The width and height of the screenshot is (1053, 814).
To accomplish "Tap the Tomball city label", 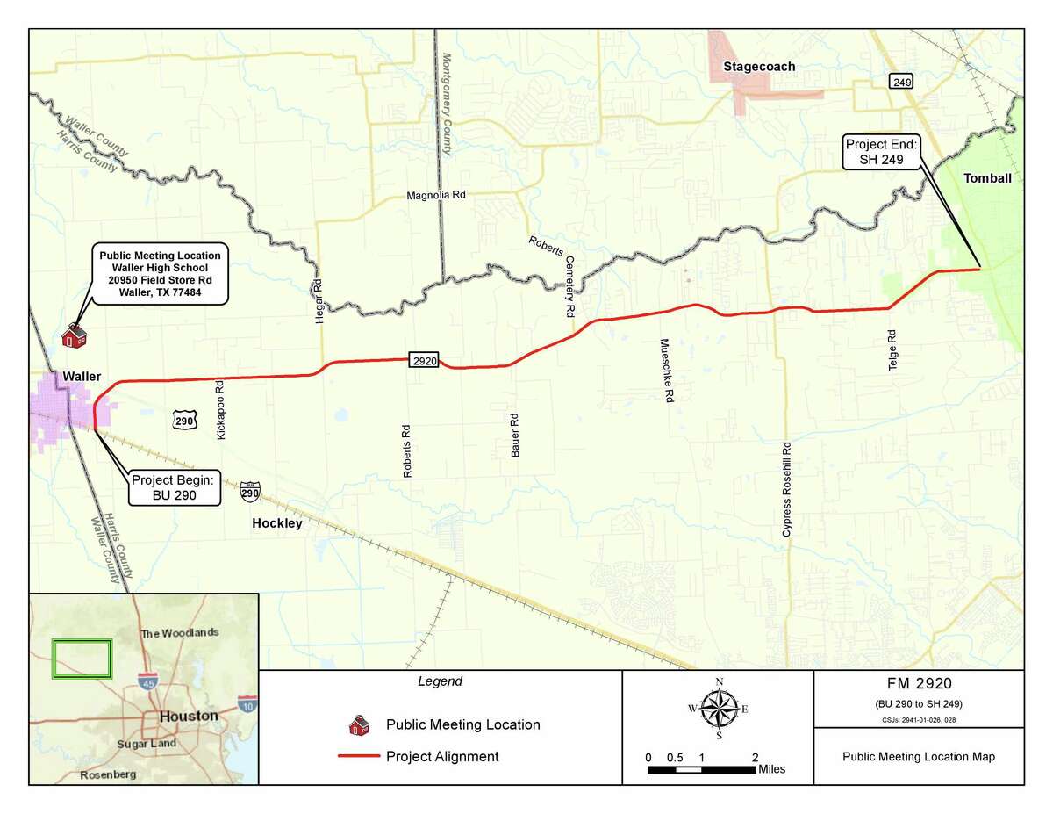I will click(987, 178).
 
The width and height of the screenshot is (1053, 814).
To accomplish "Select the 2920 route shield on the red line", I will click(424, 359).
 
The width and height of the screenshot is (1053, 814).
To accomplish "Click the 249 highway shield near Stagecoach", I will click(900, 82).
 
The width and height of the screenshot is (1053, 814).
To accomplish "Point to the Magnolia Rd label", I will click(435, 196).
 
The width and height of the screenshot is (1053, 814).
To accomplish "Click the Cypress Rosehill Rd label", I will click(787, 488).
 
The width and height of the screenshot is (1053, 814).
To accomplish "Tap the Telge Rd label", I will click(892, 349).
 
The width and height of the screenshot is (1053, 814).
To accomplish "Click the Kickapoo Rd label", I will click(220, 409).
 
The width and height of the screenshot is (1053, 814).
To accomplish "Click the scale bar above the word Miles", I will click(702, 769).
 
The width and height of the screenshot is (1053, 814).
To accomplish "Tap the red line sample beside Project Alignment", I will click(358, 756).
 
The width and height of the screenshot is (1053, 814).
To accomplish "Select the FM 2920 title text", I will click(919, 684).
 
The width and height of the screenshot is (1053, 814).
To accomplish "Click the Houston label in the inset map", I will click(188, 716).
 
